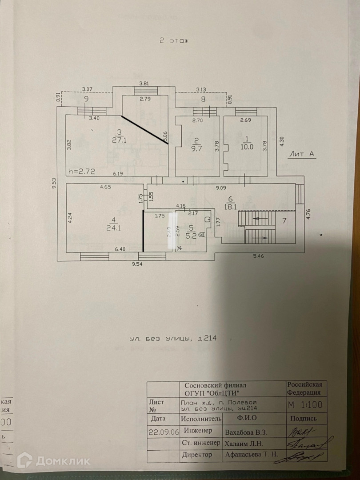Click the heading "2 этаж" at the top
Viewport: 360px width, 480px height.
174,40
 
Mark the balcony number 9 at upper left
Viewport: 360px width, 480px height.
86,100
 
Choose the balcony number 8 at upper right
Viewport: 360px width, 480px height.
203,100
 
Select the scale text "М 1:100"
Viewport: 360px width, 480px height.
305,405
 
